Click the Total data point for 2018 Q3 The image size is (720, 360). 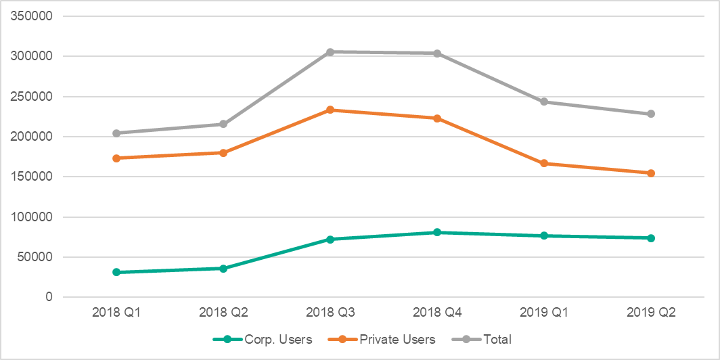coord(330,52)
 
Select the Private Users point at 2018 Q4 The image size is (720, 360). coord(437,118)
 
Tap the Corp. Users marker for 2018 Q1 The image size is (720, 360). coord(116,272)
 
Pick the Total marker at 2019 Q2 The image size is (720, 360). coord(651,114)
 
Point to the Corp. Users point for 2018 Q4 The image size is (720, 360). coord(437,232)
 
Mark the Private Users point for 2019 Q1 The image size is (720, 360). coord(544,163)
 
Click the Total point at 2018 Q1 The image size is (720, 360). coord(116,133)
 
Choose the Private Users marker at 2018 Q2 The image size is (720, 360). coord(223,153)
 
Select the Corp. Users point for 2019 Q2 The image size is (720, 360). coord(651,238)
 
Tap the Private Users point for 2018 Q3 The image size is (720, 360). coord(330,110)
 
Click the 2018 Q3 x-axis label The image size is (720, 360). coord(330,313)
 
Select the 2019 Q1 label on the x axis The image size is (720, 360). coord(544,313)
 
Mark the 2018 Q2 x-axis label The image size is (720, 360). coord(223,313)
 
